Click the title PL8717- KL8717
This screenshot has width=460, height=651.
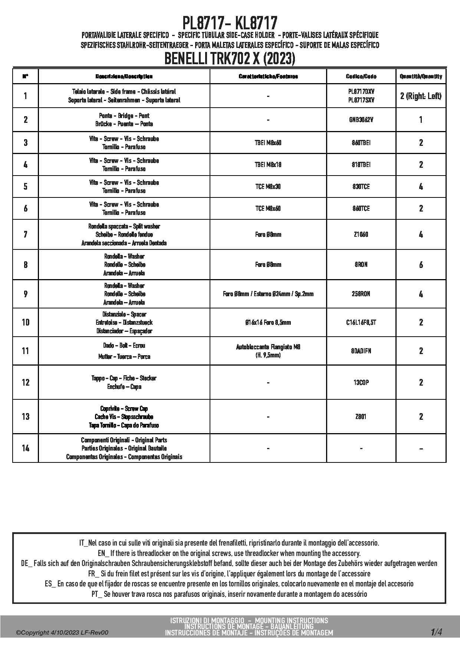[x=230, y=23]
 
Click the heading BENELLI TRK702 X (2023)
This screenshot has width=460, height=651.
[x=230, y=59]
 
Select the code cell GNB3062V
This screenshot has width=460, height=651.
[x=361, y=120]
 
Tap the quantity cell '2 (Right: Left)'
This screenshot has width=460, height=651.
[x=421, y=96]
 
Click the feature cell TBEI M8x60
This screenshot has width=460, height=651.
[x=268, y=143]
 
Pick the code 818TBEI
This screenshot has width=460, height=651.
[x=361, y=165]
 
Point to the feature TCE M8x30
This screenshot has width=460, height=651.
[x=268, y=187]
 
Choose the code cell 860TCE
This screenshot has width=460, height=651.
[x=361, y=209]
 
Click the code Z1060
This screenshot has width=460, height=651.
[x=361, y=235]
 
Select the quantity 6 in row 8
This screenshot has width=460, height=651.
[x=421, y=265]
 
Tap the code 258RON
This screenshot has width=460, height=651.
[x=361, y=294]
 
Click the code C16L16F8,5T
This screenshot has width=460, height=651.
[x=361, y=323]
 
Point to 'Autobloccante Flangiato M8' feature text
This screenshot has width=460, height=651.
[x=268, y=347]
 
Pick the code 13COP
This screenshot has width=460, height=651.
[x=361, y=383]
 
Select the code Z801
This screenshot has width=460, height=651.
[x=361, y=417]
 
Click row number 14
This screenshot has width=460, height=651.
[x=25, y=448]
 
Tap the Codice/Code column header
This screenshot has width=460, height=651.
[x=361, y=76]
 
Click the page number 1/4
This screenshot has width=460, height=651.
[x=436, y=632]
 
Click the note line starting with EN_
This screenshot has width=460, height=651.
[x=229, y=553]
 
